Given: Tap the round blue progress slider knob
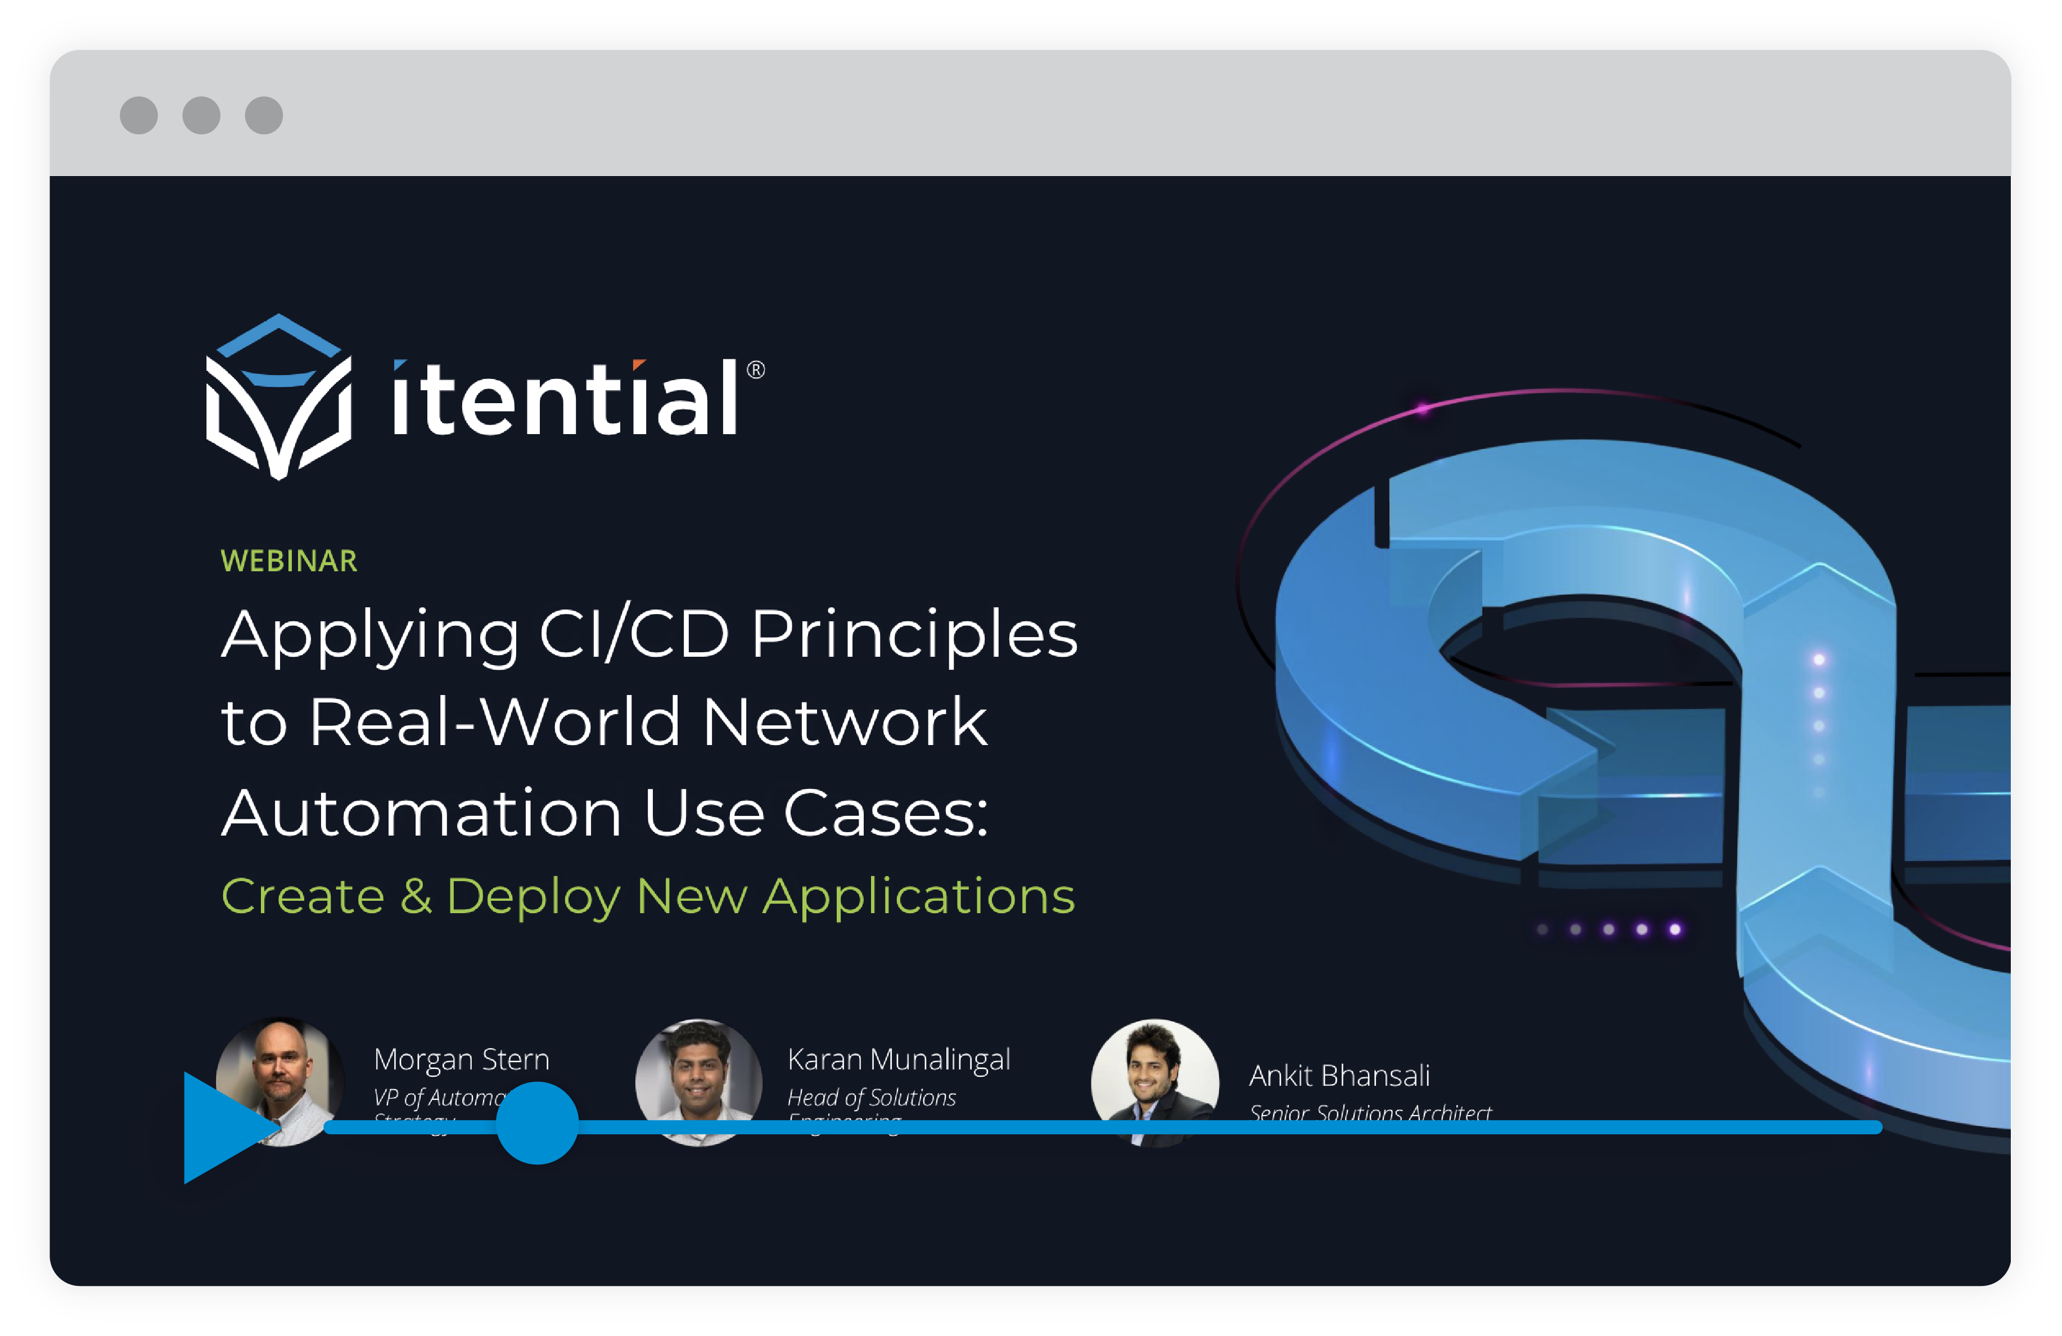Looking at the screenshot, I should click(537, 1123).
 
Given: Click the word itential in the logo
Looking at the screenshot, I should click(565, 399).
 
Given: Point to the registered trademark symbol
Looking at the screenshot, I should click(756, 370).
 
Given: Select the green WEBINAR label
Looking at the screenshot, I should click(288, 561).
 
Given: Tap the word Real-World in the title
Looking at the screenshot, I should click(494, 722).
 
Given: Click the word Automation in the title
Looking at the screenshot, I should click(421, 813).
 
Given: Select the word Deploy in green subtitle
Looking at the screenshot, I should click(533, 897).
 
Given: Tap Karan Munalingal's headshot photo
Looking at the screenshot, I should click(698, 1081).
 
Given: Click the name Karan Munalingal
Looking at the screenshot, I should click(899, 1059).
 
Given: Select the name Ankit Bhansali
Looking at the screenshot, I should click(1338, 1075).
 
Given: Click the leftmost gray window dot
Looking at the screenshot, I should click(139, 115).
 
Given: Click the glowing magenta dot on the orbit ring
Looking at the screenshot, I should click(1423, 408).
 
